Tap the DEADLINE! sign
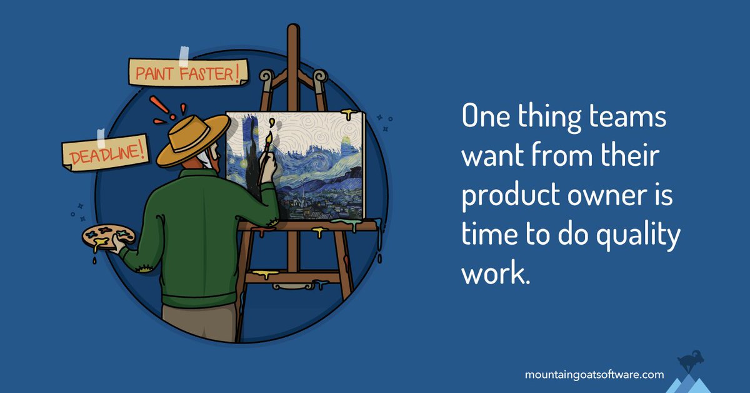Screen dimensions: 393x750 tap(105, 151)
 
